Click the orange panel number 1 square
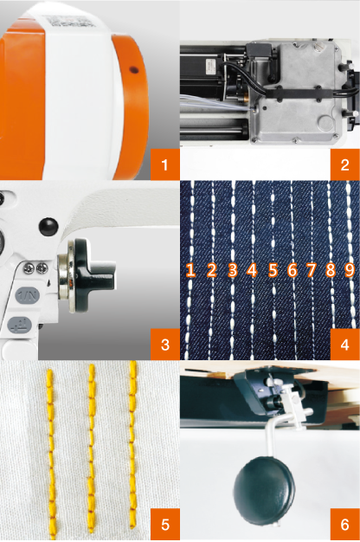click(164, 165)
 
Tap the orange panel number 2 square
click(344, 165)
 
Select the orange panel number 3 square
click(164, 345)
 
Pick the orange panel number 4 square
click(344, 345)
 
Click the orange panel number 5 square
click(164, 524)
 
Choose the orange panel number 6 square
click(344, 524)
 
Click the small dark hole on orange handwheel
click(134, 70)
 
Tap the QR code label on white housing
click(72, 21)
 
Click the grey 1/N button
click(28, 295)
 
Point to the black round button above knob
click(48, 226)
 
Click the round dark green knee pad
click(264, 486)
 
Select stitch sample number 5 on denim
click(273, 269)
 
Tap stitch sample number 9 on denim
click(350, 269)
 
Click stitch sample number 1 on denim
click(190, 269)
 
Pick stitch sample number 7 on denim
click(312, 269)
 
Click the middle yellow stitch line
click(91, 448)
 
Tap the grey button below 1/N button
click(20, 325)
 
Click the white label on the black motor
click(210, 66)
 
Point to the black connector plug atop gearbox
click(260, 50)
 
